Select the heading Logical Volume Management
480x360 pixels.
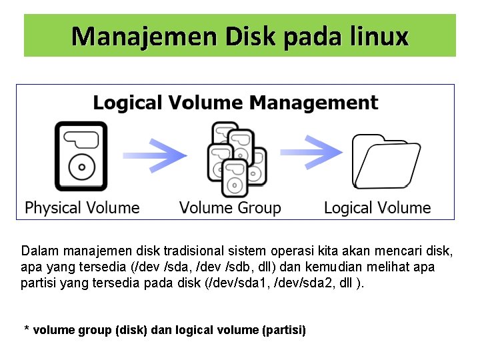(x=235, y=103)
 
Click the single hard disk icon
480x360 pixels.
(x=80, y=155)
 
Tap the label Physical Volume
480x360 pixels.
(x=82, y=208)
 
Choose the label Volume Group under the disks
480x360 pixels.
(x=230, y=208)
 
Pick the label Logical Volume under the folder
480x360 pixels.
(x=377, y=208)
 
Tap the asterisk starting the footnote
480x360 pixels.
(x=27, y=329)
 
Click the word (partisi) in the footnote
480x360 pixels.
(x=285, y=330)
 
